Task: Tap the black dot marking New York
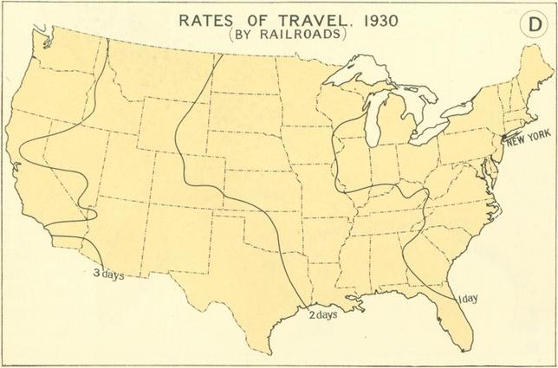coord(504,138)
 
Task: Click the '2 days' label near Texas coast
coord(322,313)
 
